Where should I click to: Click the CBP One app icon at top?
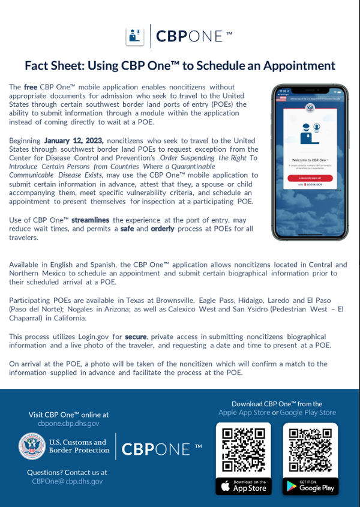(x=134, y=36)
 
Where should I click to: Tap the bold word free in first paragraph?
(x=30, y=87)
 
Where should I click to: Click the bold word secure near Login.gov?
(x=136, y=337)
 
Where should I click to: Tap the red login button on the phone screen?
(x=310, y=178)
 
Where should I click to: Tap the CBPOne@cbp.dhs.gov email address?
(x=67, y=481)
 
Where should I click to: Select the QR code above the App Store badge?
(x=244, y=449)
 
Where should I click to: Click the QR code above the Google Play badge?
(x=310, y=449)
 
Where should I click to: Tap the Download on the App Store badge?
(x=244, y=485)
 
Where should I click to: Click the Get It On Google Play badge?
(x=310, y=485)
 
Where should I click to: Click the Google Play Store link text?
(x=308, y=412)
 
